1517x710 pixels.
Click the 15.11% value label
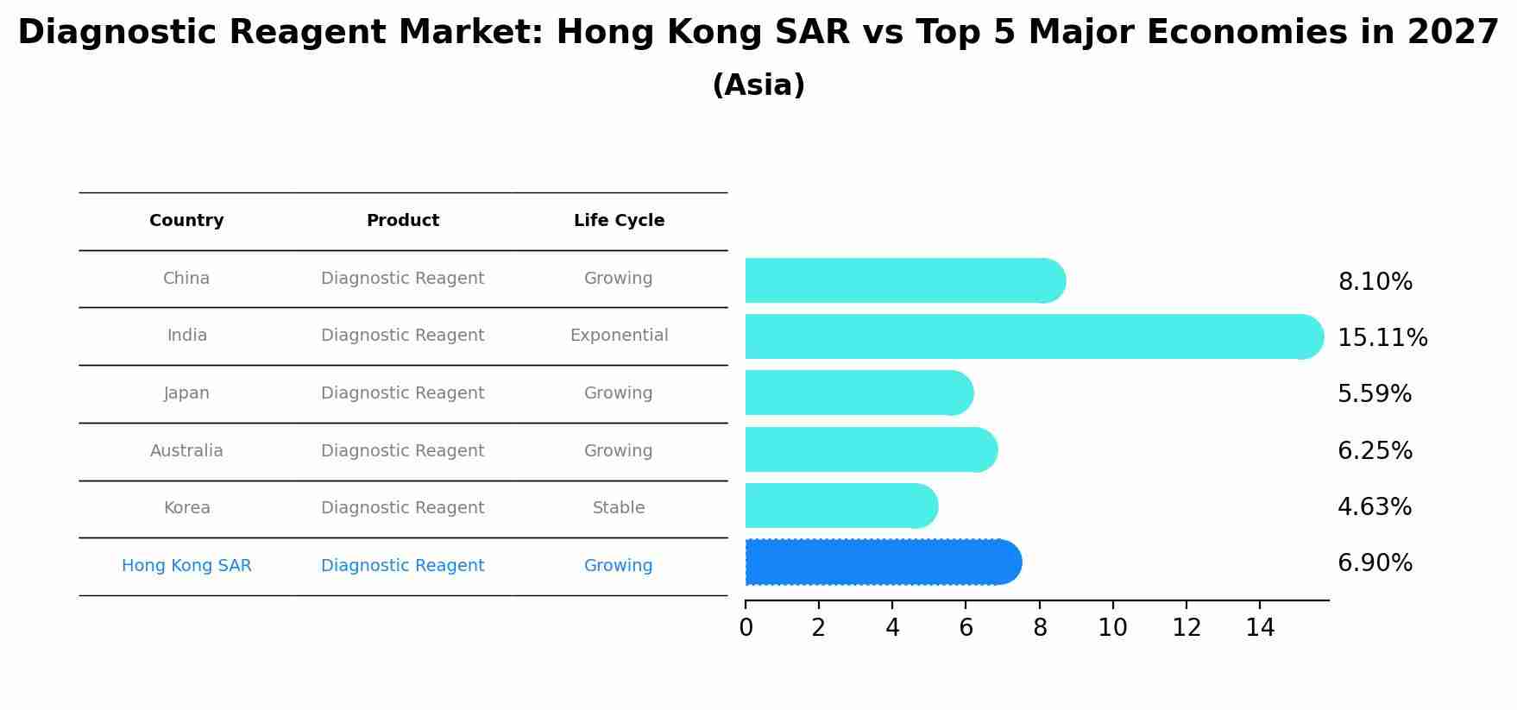point(1382,338)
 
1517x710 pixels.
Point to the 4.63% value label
point(1375,507)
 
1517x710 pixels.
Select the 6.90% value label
point(1375,563)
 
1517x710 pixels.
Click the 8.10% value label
point(1375,282)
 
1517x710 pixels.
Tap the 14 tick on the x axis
point(1260,628)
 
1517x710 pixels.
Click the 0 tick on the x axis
point(746,628)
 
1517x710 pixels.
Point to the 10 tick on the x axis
point(1112,628)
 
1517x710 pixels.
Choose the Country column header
point(186,221)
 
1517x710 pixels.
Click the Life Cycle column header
point(619,221)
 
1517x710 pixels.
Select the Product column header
point(403,221)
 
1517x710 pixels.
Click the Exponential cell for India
point(619,336)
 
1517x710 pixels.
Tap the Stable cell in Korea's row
point(619,508)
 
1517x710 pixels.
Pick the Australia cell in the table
point(186,451)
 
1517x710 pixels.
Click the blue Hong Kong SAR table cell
point(186,566)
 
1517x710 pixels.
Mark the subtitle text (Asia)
point(758,85)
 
